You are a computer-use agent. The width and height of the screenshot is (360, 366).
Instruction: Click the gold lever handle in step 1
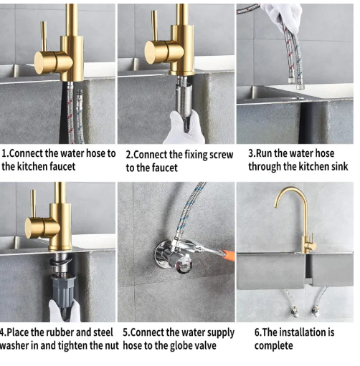(x=44, y=37)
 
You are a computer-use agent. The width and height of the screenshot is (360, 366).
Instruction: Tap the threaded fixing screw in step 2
(x=184, y=100)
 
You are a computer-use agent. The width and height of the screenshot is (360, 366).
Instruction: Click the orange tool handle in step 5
(x=229, y=254)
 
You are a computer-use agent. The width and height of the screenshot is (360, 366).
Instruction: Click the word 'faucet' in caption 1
(x=62, y=167)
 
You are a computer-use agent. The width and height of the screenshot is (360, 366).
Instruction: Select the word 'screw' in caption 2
(x=221, y=155)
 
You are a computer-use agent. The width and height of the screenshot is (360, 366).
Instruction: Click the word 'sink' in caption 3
(x=340, y=167)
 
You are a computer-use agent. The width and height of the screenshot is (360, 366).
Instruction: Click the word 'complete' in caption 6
(x=273, y=346)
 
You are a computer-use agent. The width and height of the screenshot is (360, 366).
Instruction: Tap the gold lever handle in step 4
(x=34, y=204)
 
